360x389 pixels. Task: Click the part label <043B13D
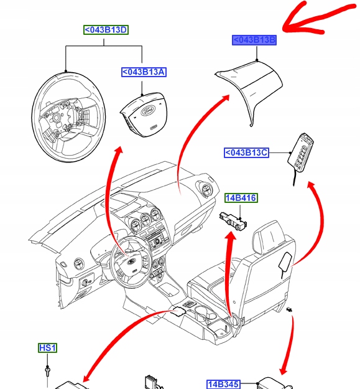click(x=106, y=30)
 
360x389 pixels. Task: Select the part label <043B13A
click(x=143, y=72)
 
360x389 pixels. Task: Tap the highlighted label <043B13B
click(x=254, y=40)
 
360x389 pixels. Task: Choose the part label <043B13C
click(x=246, y=152)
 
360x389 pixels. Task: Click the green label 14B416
click(x=241, y=198)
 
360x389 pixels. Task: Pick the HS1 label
click(x=47, y=348)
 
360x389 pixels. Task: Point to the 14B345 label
click(x=223, y=384)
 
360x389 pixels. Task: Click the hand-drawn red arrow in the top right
click(x=317, y=19)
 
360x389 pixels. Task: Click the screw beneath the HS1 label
click(x=47, y=372)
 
